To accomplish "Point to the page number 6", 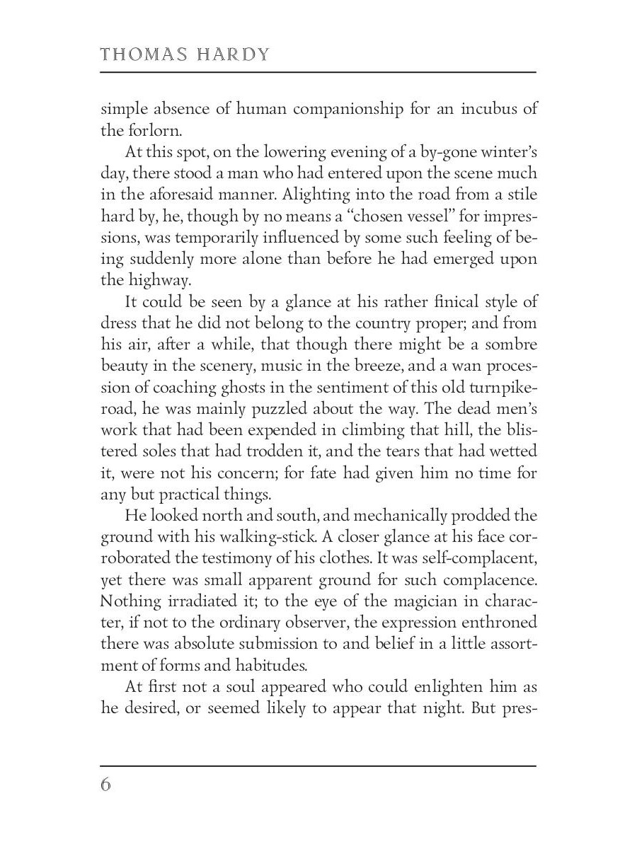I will coord(106,785).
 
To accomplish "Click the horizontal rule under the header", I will coord(318,71).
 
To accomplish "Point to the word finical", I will coord(435,302).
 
